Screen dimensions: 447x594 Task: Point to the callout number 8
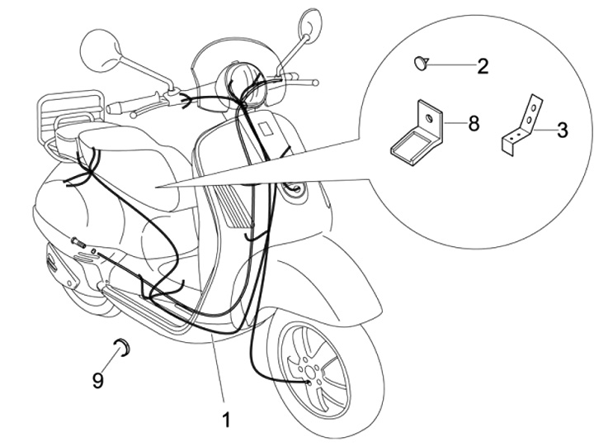pyautogui.click(x=473, y=124)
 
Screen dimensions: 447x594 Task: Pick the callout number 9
pyautogui.click(x=98, y=380)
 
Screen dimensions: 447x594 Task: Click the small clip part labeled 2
pyautogui.click(x=422, y=61)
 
